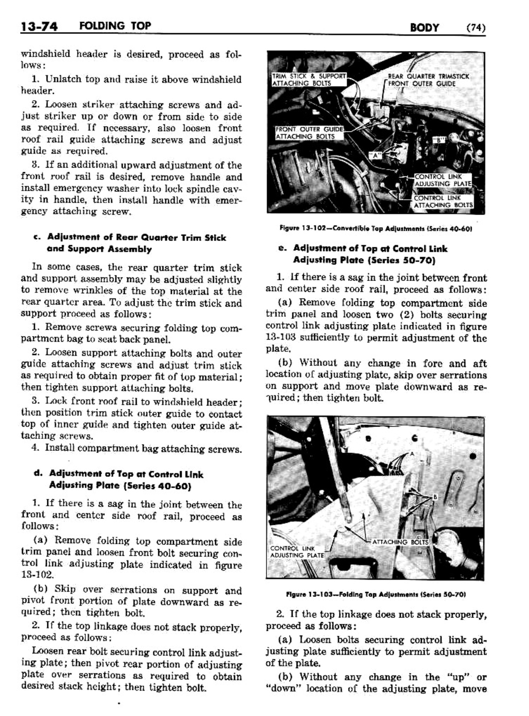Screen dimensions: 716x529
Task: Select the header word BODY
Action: pos(425,27)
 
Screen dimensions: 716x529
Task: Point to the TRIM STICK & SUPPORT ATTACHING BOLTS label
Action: pos(308,80)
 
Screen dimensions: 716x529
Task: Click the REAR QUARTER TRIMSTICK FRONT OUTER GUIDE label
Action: pos(428,80)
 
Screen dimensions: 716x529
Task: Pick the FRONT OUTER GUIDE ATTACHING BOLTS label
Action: pos(309,133)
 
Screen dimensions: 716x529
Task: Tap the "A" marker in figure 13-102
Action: pos(375,156)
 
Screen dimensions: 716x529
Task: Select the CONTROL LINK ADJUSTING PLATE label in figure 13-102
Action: pos(442,180)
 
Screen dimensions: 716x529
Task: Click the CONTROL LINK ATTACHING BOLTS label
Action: pos(442,201)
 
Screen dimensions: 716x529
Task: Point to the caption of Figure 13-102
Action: pos(377,228)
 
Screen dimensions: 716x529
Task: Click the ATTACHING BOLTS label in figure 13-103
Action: pos(400,542)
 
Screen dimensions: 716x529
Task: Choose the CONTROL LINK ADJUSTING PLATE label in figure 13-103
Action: pos(297,552)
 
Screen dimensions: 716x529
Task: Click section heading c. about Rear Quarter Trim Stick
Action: pos(130,243)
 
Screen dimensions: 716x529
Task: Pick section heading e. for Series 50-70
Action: pos(363,254)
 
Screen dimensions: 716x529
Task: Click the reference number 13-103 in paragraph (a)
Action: pos(281,338)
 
